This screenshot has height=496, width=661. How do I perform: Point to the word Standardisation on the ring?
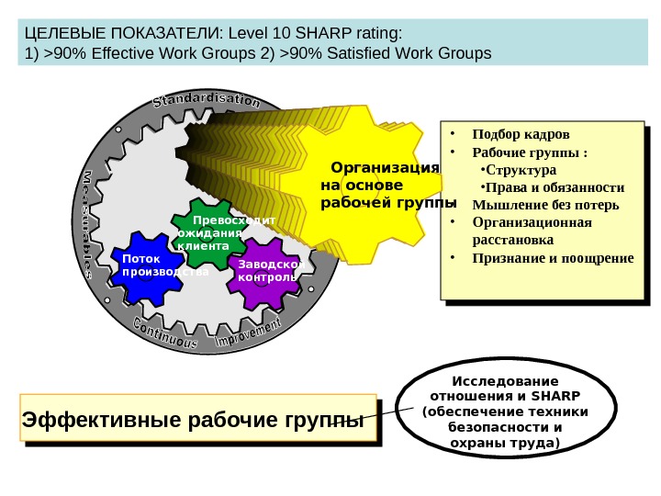point(206,98)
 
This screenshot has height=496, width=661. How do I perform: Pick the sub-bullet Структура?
point(521,170)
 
